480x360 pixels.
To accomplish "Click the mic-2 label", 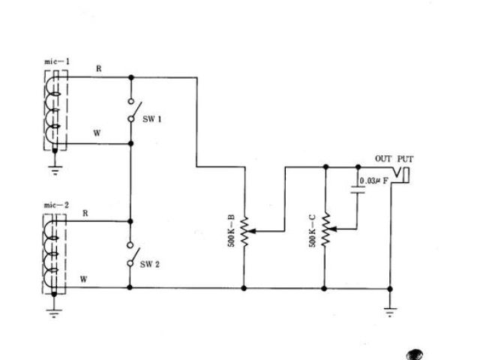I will [56, 204].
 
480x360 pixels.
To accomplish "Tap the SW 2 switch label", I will [152, 264].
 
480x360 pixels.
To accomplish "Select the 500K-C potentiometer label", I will [312, 230].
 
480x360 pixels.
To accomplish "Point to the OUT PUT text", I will [394, 159].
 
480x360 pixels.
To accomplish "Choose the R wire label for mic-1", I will [97, 68].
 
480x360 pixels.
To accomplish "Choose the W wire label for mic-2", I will [85, 279].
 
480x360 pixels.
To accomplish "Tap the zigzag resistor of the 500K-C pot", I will [325, 230].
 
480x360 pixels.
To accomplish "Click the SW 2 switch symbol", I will [130, 255].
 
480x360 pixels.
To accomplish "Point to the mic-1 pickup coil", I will [54, 111].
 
